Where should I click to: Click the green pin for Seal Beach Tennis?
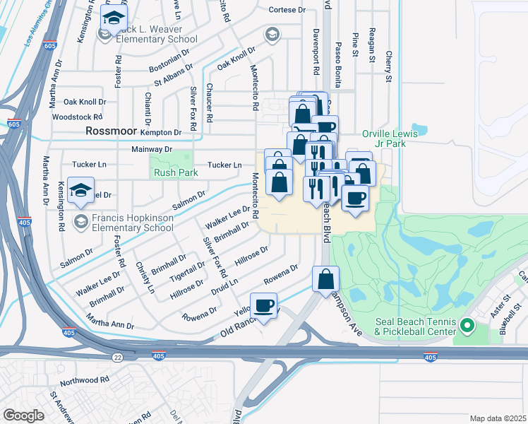466,326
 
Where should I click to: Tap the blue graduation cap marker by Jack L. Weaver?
113,20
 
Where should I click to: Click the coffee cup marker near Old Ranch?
264,306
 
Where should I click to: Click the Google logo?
24,415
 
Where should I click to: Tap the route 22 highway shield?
117,358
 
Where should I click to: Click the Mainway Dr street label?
152,150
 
